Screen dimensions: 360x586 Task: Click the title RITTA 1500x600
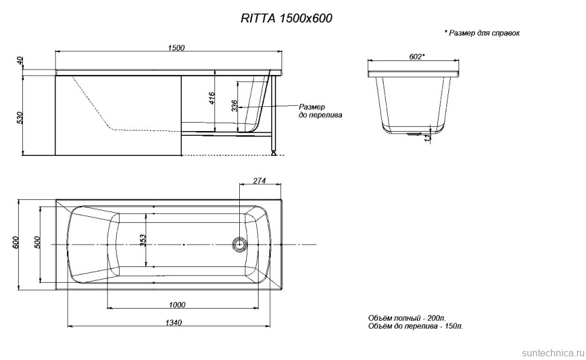pyautogui.click(x=287, y=19)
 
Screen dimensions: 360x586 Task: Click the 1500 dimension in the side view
pyautogui.click(x=176, y=48)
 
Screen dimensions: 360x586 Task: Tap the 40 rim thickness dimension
pyautogui.click(x=19, y=60)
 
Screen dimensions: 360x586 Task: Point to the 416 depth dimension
pyautogui.click(x=211, y=99)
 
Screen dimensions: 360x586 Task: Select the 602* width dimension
pyautogui.click(x=416, y=57)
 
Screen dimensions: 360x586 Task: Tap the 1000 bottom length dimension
pyautogui.click(x=177, y=304)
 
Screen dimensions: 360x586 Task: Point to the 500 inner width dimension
pyautogui.click(x=37, y=242)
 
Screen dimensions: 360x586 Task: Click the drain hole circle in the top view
pyautogui.click(x=239, y=244)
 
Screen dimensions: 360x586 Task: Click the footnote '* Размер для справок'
pyautogui.click(x=481, y=34)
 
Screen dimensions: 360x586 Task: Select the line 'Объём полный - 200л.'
pyautogui.click(x=407, y=318)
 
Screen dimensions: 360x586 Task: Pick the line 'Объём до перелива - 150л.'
pyautogui.click(x=415, y=326)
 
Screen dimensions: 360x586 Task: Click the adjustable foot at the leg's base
pyautogui.click(x=274, y=153)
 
